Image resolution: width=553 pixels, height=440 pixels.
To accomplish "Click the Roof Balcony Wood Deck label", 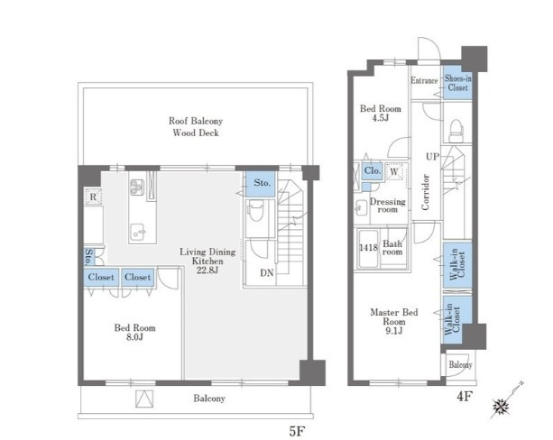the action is (x=196, y=127).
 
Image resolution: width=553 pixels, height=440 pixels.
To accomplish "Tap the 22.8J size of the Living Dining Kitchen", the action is (x=207, y=270).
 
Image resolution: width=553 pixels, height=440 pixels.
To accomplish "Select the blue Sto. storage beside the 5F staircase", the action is (x=261, y=184).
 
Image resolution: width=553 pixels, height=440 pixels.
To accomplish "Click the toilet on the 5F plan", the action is (x=256, y=210).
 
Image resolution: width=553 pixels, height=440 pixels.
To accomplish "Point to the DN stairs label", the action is (x=267, y=272).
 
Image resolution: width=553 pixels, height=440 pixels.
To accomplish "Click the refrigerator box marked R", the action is (x=93, y=197).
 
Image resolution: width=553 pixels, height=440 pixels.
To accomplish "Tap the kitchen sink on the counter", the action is (x=138, y=232).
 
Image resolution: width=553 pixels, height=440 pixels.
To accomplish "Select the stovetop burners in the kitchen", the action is (x=137, y=188).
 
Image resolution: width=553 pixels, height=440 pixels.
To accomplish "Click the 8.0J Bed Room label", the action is (x=134, y=333).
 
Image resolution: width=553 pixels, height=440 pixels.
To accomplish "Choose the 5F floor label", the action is (x=297, y=431).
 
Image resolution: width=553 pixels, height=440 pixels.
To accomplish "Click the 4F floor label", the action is (x=464, y=397).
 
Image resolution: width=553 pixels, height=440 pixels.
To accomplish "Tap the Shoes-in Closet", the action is (x=457, y=83).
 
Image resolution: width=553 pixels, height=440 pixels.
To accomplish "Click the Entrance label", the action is (x=424, y=81).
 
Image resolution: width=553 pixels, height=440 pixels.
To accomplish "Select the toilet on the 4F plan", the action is (x=456, y=131).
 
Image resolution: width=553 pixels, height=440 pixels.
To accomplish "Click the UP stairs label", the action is (x=432, y=157).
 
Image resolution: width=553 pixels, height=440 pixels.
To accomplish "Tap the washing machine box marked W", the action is (x=394, y=171).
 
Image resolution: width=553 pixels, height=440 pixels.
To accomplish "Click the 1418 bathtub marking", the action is (x=368, y=247).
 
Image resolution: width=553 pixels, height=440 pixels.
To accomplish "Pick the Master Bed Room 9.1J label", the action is (x=394, y=321).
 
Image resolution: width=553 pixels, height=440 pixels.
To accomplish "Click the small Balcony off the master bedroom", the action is (x=460, y=364).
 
